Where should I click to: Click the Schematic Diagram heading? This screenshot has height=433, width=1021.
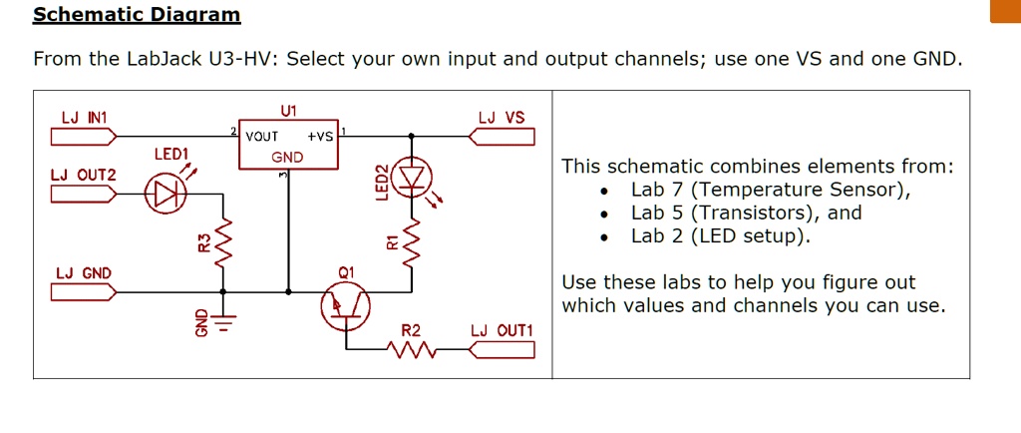(x=137, y=14)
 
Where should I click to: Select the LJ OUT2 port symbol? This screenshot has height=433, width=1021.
(x=84, y=193)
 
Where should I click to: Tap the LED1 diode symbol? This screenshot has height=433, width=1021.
(x=165, y=193)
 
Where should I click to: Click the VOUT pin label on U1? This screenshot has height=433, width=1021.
(x=261, y=137)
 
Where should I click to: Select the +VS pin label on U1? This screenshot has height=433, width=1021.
(x=320, y=137)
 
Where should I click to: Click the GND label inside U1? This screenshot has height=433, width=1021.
(x=287, y=157)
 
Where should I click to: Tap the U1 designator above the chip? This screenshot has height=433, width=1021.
(x=289, y=110)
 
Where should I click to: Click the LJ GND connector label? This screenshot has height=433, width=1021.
(x=84, y=273)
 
